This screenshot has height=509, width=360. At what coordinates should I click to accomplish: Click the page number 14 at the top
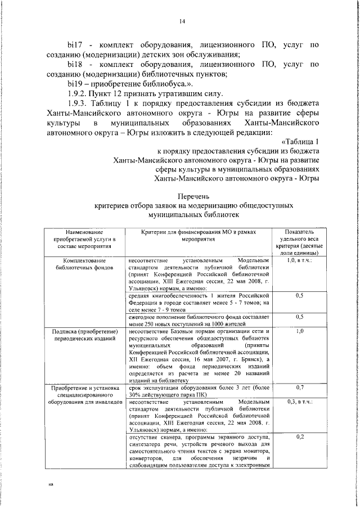182,22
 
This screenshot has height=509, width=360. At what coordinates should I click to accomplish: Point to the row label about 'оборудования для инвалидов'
84,395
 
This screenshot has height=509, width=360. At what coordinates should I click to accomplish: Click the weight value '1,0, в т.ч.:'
299,262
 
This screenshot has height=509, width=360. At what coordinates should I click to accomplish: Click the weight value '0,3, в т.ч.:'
299,403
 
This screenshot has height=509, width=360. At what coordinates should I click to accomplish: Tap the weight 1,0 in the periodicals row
299,332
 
